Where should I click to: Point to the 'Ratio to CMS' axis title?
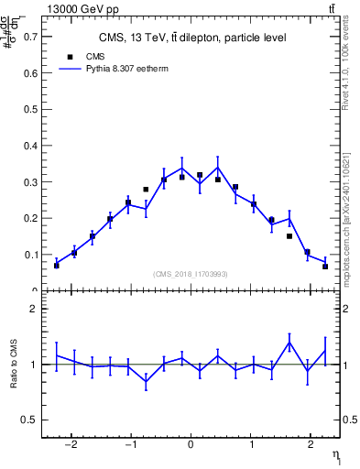pyautogui.click(x=16, y=365)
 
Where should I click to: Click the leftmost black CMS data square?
pyautogui.click(x=57, y=266)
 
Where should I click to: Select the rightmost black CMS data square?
pyautogui.click(x=325, y=267)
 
